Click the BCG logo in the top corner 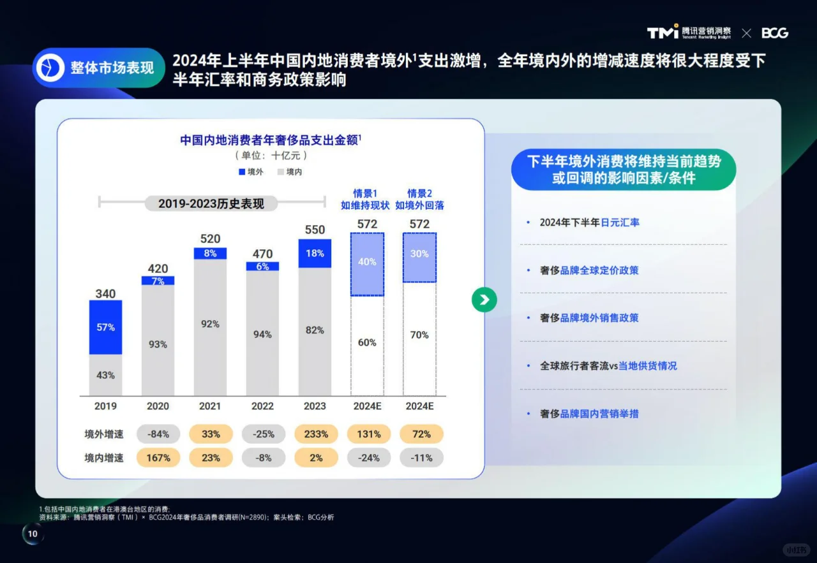point(774,33)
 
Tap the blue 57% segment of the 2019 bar point(106,327)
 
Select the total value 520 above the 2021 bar point(210,239)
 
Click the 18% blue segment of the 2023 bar point(315,253)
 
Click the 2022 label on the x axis point(262,406)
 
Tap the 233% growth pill point(316,434)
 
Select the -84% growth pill point(158,434)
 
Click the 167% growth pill point(158,458)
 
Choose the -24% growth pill point(368,458)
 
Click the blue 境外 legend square point(242,172)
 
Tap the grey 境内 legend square point(280,172)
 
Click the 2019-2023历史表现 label point(211,203)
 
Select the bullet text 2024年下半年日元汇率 point(589,223)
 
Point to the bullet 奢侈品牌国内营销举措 point(589,414)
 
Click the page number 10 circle point(33,534)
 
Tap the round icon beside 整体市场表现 point(50,68)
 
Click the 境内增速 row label point(104,458)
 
